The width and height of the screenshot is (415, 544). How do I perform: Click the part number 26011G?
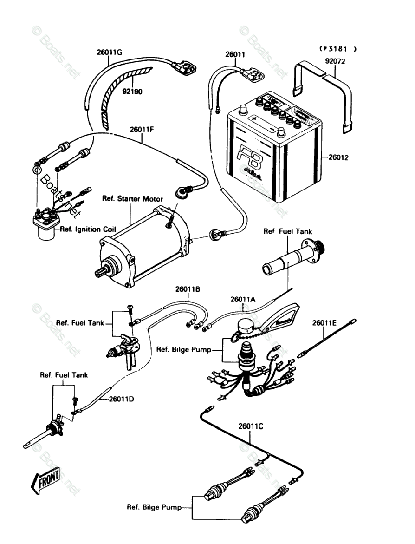click(x=109, y=52)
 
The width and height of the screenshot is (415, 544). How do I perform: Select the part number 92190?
click(x=132, y=92)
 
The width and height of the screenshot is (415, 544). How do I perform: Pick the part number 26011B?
click(x=188, y=289)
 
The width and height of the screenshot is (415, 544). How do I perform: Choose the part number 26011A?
click(x=243, y=300)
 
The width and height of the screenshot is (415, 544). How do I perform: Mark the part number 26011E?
click(x=325, y=323)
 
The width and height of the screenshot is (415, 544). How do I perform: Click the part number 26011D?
click(x=122, y=399)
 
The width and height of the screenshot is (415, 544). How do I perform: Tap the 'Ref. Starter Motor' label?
click(x=132, y=199)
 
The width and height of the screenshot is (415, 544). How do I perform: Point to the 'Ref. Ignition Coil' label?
click(x=87, y=229)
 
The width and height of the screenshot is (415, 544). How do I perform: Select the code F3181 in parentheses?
click(x=337, y=48)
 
